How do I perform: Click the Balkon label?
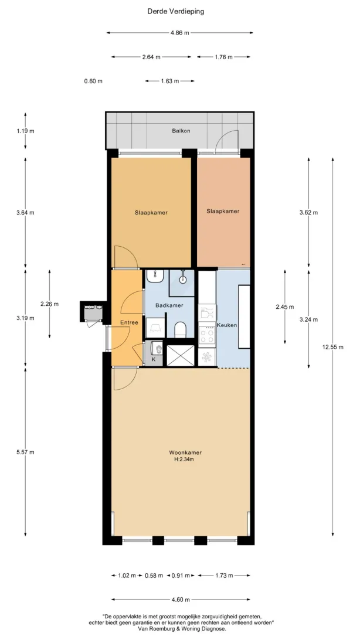(x=181, y=131)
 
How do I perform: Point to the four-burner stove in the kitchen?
(x=207, y=335)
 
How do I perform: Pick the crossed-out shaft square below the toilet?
(x=180, y=356)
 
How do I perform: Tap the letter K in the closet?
(x=154, y=360)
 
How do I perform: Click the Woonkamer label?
(x=185, y=452)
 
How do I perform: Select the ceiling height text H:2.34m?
(x=184, y=459)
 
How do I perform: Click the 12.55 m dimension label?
(x=332, y=347)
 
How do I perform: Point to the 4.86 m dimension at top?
(x=179, y=33)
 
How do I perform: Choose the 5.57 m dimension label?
(x=25, y=452)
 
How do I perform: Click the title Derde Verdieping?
(x=175, y=12)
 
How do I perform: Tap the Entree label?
(x=129, y=322)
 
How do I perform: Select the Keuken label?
(x=227, y=325)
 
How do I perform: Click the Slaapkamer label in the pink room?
(x=223, y=211)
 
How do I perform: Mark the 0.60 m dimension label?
(x=93, y=81)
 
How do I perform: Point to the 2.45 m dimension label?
(x=284, y=307)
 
